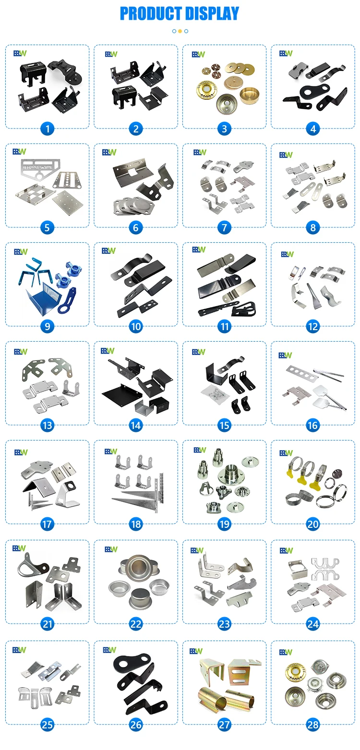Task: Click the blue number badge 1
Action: (47, 129)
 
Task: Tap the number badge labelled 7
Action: (224, 227)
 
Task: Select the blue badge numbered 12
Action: (313, 326)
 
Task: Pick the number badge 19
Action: (224, 524)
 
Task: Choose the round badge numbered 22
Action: (136, 624)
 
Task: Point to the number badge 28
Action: (313, 724)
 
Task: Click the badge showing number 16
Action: (313, 425)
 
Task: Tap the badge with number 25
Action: (47, 724)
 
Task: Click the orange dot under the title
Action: (180, 31)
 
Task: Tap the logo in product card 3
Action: (198, 54)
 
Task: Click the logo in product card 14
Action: (108, 351)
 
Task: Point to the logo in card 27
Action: (196, 651)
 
